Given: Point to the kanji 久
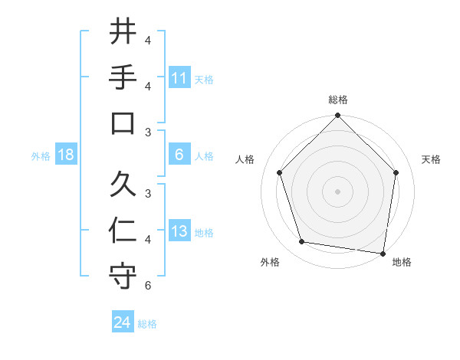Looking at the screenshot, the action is [x=123, y=184].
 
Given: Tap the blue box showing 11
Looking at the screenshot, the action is [x=179, y=78].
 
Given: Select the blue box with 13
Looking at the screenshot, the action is [x=179, y=232].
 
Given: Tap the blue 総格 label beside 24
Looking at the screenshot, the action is [x=147, y=324].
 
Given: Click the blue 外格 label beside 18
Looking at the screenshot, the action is [x=41, y=156].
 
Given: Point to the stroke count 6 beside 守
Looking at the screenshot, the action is [x=148, y=286].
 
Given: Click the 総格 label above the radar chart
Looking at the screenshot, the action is [x=338, y=100].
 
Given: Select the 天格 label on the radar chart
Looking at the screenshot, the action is [x=432, y=159].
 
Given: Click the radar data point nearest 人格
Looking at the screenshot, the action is [x=280, y=172].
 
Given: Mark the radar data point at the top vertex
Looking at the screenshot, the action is [x=338, y=116].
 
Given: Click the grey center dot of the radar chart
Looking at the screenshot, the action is [x=338, y=191].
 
